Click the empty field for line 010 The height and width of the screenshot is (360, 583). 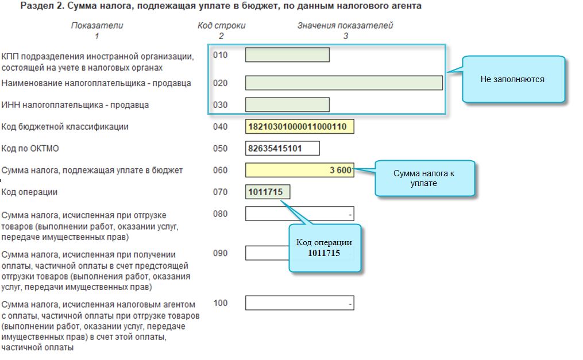287,55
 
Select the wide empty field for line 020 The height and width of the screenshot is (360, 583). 343,83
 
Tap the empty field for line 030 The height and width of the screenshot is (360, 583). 287,104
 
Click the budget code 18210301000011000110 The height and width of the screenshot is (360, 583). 299,126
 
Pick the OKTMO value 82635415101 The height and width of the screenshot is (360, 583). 282,148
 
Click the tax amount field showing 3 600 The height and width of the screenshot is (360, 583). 299,170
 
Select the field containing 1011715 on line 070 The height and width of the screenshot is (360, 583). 268,192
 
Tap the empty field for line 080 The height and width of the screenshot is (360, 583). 299,214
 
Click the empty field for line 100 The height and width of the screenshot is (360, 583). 299,303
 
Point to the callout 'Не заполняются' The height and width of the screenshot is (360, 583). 512,79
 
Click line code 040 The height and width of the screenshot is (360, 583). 220,126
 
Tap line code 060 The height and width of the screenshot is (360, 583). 220,170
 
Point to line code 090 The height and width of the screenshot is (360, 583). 220,253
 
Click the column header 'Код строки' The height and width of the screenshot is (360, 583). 221,26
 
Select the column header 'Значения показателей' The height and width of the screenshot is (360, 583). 345,26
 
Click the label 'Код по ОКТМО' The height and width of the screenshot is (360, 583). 30,149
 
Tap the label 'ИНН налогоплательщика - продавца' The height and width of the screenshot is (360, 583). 75,105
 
